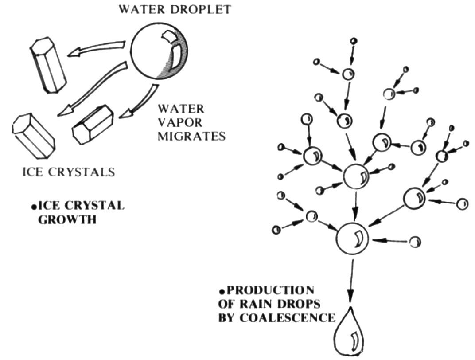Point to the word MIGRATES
coord(191,136)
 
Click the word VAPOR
coord(180,122)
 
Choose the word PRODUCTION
coord(270,290)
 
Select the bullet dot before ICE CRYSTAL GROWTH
coord(33,207)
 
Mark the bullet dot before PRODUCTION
coord(222,291)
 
